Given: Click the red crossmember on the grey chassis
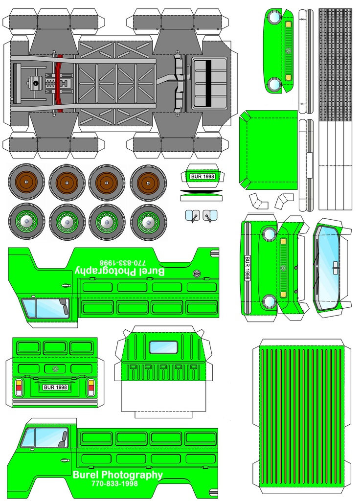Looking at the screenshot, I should pos(60,83).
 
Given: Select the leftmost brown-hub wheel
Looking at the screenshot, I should pos(26,183).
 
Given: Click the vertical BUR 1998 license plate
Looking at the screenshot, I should pos(247,268).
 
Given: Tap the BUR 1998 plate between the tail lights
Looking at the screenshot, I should pos(55,387).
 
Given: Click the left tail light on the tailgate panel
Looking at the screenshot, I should pos(19,387).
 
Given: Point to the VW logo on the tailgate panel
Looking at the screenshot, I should pos(55,368).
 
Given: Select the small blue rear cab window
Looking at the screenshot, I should pos(163,347).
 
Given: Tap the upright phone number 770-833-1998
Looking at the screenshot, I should pos(114,483).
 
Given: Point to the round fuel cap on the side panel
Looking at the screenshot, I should pos(196,274).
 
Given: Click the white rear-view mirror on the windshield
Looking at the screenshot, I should pos(335,265).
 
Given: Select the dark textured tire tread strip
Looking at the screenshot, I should pos(335,65).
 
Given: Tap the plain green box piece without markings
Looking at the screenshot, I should pos(269,150).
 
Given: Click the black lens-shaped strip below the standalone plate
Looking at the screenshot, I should pos(201,191).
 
